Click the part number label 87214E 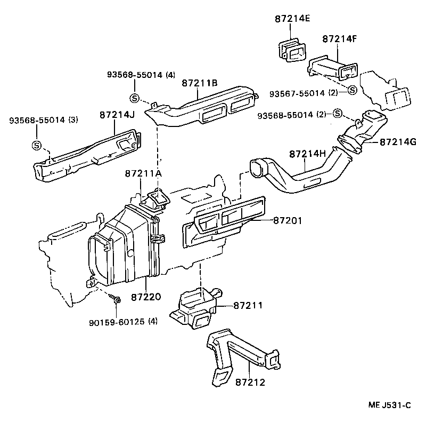[292, 19]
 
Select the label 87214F [339, 38]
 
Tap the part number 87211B [199, 83]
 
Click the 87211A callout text [143, 174]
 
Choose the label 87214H [307, 154]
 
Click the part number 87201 [288, 219]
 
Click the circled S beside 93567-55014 [352, 90]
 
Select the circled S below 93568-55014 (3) [36, 145]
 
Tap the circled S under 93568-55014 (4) [134, 98]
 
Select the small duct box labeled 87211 [196, 306]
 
